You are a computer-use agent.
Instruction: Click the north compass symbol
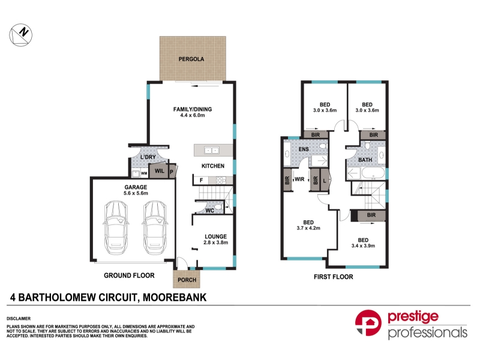pos(20,35)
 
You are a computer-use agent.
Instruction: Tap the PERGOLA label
pos(191,59)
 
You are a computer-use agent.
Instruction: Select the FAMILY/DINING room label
pos(193,109)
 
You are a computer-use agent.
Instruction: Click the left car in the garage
pos(116,227)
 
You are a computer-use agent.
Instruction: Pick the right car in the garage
pos(155,227)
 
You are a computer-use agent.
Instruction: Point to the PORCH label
pos(187,280)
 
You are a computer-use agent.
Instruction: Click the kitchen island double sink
pos(212,151)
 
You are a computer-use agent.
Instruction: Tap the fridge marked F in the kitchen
pos(201,181)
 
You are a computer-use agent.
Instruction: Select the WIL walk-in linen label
pos(160,171)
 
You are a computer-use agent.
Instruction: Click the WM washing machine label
pos(144,173)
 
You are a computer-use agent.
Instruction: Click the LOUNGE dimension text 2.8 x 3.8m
pos(216,242)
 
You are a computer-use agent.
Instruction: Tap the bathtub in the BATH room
pos(373,173)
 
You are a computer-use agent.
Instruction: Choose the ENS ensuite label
pos(304,149)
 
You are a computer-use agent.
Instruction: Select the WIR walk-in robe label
pos(299,179)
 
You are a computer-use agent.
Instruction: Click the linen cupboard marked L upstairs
pos(325,181)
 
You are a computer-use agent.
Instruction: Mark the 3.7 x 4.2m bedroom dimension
pos(308,228)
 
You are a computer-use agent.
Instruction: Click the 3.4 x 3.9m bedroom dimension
pos(364,246)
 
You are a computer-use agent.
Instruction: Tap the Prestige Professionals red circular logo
pos(368,323)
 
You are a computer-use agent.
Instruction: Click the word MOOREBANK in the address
pos(175,298)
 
